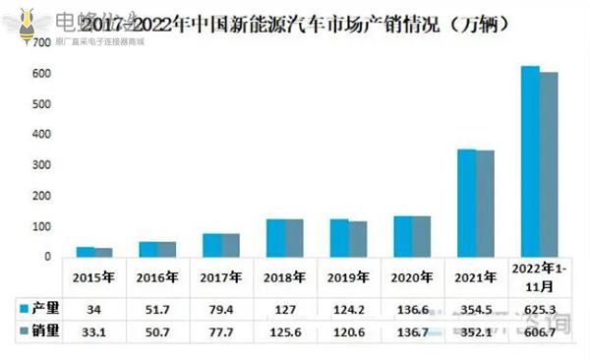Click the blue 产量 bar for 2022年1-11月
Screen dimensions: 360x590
(530, 161)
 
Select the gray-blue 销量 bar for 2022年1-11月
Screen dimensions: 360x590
(549, 164)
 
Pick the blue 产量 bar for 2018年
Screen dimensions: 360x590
(276, 238)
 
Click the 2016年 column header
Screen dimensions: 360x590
(158, 277)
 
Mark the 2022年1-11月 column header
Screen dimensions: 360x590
(540, 277)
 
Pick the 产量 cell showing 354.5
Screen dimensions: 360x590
(476, 310)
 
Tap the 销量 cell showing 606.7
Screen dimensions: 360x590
(540, 333)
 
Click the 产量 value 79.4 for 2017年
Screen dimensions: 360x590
(222, 310)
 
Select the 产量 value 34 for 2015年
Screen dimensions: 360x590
(94, 310)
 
